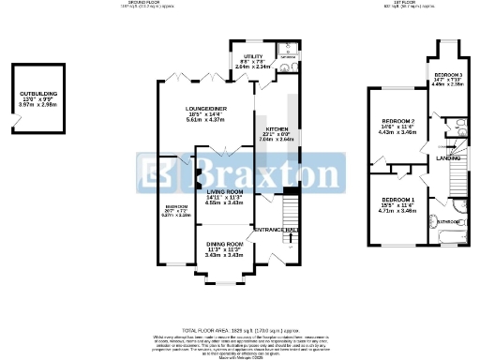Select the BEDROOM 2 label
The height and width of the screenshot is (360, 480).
point(398,122)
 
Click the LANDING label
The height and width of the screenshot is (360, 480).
point(447,158)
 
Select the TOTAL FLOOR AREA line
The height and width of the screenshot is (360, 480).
point(240,333)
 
